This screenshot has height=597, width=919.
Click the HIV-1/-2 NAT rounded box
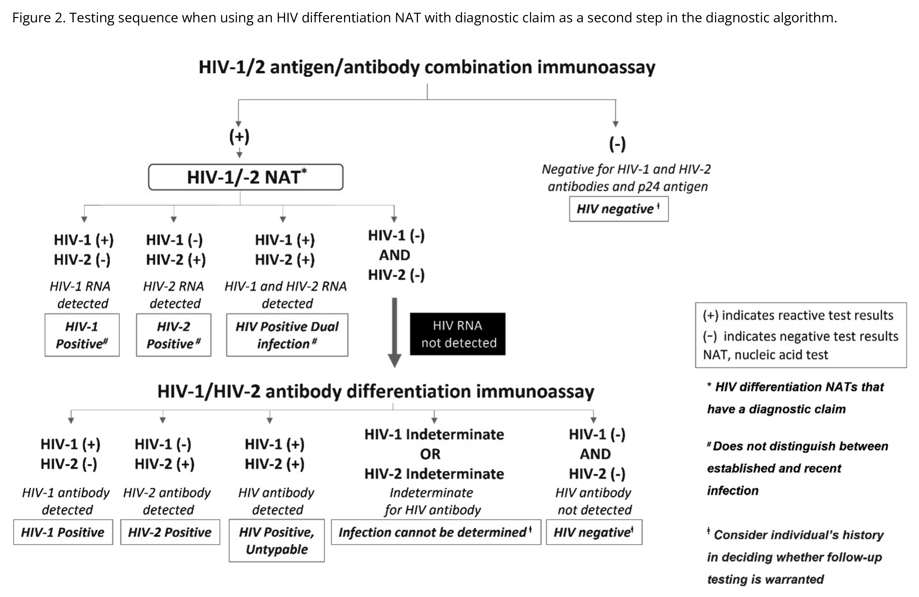pos(246,177)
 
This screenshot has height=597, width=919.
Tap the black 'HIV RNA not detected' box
pos(457,334)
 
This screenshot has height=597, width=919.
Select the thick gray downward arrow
pos(394,332)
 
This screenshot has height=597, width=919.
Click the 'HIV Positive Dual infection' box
pos(287,335)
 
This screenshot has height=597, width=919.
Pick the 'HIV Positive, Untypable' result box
pos(276,540)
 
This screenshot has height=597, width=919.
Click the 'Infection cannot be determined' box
pos(436,532)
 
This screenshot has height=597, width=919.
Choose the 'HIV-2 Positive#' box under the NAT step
pos(173,335)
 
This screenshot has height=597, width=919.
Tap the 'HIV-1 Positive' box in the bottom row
pos(63,532)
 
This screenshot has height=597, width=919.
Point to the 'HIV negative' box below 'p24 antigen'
pos(618,209)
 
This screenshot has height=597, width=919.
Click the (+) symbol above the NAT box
pos(239,136)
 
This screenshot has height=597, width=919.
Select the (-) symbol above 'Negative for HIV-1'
pos(617,144)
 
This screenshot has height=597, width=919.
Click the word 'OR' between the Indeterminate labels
pos(430,454)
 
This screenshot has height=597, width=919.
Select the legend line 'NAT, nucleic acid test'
pos(765,355)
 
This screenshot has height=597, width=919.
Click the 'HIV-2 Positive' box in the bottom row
pos(170,532)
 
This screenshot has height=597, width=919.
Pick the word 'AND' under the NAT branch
pos(395,255)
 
